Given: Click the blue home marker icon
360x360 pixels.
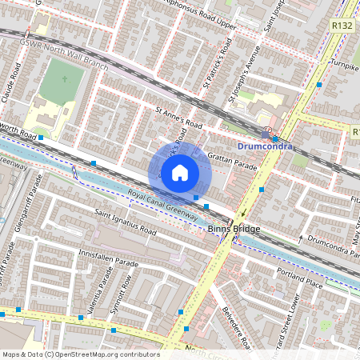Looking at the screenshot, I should pyautogui.click(x=180, y=172).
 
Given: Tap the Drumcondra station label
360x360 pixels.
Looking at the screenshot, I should pyautogui.click(x=266, y=146).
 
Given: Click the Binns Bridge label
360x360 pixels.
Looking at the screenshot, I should pyautogui.click(x=230, y=229).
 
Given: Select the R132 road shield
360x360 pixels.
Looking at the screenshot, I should pyautogui.click(x=342, y=26).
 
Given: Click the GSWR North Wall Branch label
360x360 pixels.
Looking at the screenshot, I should pyautogui.click(x=65, y=53).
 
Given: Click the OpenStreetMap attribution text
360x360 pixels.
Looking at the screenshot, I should pyautogui.click(x=80, y=354).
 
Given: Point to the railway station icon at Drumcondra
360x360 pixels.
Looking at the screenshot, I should pyautogui.click(x=266, y=133).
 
